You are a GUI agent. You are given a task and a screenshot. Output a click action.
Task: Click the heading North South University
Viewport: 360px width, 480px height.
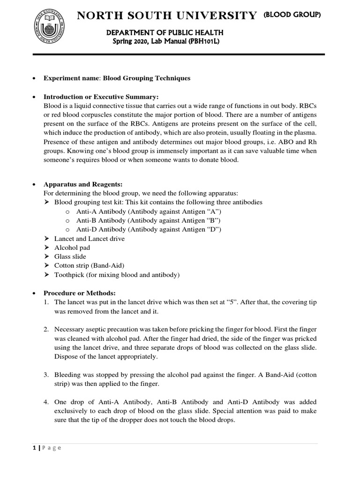167,16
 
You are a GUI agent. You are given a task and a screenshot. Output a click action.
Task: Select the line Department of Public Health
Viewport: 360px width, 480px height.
167,32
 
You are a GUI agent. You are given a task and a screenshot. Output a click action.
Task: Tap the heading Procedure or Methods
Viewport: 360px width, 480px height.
79,293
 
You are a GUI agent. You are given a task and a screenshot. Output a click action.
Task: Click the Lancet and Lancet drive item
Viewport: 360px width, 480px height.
89,239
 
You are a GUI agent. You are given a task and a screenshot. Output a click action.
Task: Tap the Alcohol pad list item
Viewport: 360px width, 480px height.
72,247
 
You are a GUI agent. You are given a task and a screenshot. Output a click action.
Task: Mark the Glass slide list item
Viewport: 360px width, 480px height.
70,256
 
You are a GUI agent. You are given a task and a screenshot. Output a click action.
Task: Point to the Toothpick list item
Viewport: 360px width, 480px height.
117,275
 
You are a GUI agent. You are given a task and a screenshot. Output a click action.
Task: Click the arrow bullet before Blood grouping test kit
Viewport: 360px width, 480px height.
46,202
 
